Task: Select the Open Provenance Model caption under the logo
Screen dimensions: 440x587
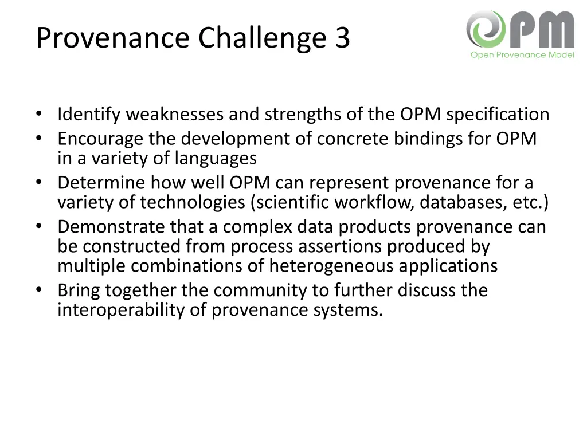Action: [522, 55]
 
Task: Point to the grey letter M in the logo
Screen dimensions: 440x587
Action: [553, 30]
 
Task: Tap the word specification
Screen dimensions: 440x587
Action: [498, 115]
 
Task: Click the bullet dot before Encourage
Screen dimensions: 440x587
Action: [38, 139]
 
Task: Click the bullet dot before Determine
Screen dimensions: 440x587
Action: [38, 183]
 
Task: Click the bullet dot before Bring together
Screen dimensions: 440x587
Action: [38, 290]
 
